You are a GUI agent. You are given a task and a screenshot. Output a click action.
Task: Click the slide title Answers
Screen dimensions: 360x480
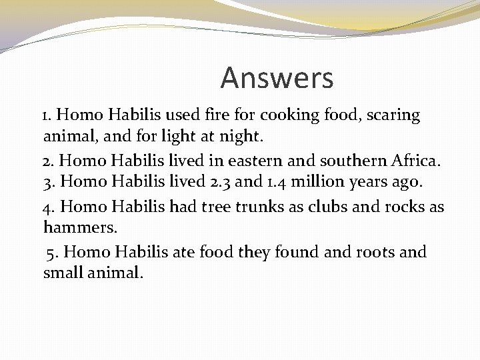[x=277, y=78]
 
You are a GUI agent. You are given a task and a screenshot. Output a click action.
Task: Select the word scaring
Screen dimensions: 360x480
[x=393, y=115]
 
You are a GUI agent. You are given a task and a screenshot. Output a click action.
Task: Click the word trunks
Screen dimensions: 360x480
[x=261, y=207]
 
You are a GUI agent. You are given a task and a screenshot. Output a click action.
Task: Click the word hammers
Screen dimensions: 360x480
[x=80, y=228]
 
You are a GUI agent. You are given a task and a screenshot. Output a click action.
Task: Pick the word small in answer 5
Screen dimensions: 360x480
[x=63, y=273]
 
